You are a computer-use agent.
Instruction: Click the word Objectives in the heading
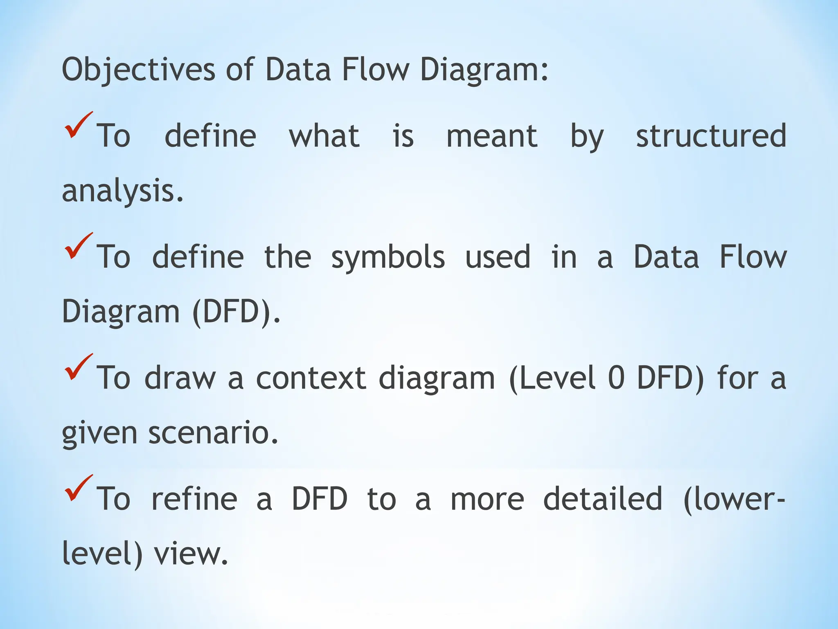[x=138, y=70]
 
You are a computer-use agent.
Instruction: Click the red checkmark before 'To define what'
[x=78, y=125]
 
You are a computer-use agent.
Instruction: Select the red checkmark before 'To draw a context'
[x=78, y=367]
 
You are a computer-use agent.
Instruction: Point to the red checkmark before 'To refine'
[x=78, y=488]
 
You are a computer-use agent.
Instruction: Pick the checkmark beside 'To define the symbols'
[x=78, y=246]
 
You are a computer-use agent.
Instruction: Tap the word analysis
[x=122, y=191]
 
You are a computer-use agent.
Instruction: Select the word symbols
[x=388, y=257]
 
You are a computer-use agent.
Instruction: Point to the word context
[x=311, y=378]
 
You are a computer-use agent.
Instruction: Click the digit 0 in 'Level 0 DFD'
[x=616, y=378]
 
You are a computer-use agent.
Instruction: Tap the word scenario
[x=213, y=433]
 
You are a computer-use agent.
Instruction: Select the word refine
[x=194, y=499]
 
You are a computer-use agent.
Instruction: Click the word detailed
[x=602, y=499]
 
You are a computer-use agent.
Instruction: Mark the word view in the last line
[x=190, y=554]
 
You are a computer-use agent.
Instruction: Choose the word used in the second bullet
[x=498, y=257]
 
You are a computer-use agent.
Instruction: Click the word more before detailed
[x=487, y=499]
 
